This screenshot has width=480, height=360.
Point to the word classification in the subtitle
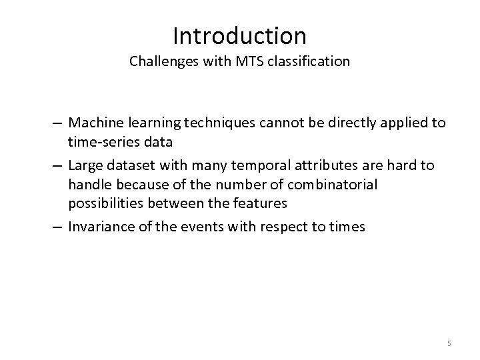(x=307, y=62)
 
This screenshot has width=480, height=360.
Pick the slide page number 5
(x=449, y=343)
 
